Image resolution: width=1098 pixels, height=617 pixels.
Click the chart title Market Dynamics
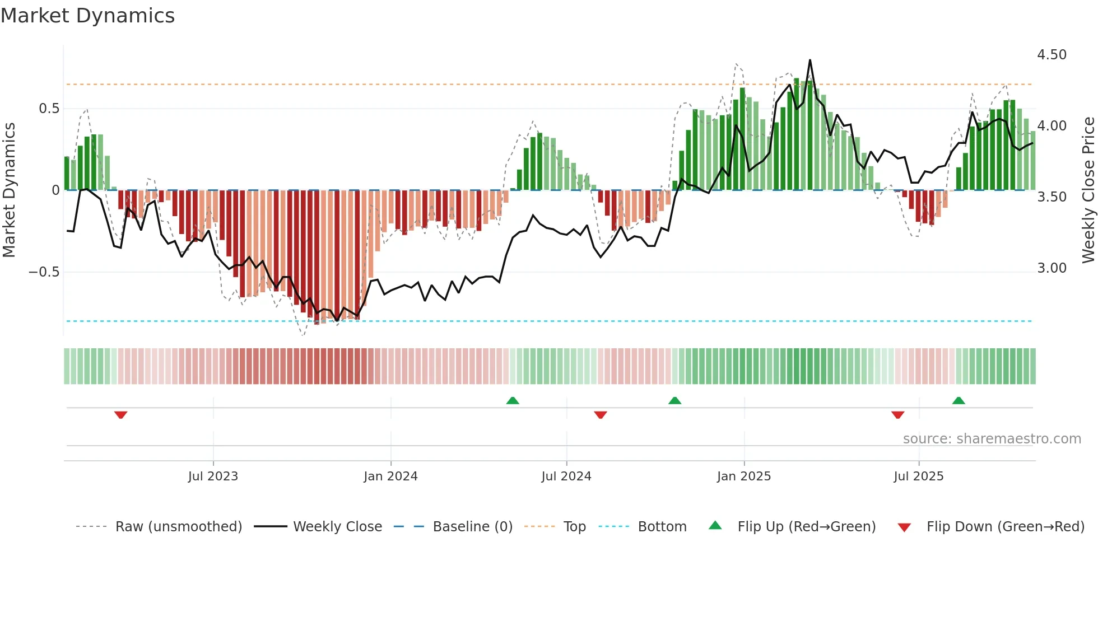point(88,16)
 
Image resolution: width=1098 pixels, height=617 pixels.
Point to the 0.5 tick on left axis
point(49,109)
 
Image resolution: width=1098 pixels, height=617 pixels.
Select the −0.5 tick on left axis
point(44,272)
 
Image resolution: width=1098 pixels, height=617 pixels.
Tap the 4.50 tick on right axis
point(1052,55)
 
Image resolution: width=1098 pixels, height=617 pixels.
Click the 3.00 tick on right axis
point(1052,268)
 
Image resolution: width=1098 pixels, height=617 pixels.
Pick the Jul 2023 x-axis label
point(213,476)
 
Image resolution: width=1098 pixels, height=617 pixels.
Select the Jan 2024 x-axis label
point(390,476)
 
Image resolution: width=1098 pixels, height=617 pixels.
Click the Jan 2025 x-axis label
point(744,476)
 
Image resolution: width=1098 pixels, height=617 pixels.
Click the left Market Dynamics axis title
point(9,190)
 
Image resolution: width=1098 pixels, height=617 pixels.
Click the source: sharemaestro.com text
point(992,439)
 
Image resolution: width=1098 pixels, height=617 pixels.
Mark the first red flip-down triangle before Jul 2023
point(120,415)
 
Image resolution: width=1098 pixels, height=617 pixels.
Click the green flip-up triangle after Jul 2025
point(959,400)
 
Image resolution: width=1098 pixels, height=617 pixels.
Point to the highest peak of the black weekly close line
point(809,60)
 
